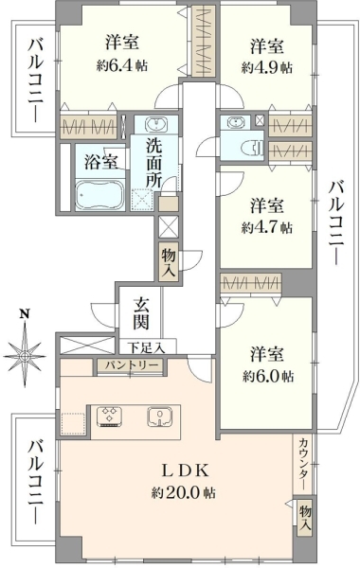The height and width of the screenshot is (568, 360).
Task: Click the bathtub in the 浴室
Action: (100, 195)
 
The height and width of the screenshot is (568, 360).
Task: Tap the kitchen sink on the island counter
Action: (160, 417)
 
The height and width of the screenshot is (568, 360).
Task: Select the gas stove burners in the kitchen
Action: (110, 417)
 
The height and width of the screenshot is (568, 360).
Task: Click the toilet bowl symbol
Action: (252, 149)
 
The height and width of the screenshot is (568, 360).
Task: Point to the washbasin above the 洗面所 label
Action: (156, 124)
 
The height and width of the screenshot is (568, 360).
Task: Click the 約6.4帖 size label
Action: (122, 66)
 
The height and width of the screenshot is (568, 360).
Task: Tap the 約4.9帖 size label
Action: (266, 67)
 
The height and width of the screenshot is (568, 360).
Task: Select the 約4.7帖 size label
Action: (266, 227)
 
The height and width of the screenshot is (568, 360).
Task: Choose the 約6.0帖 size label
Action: (267, 377)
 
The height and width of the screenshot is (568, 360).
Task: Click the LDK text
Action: (185, 470)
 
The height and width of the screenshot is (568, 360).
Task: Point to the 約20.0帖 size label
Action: (184, 492)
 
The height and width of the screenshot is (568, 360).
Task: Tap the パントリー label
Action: (132, 365)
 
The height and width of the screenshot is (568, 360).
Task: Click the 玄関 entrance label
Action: (140, 312)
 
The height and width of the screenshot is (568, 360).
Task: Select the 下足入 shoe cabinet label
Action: (148, 348)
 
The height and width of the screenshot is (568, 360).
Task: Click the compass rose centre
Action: (25, 357)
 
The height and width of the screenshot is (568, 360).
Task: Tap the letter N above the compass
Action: (25, 313)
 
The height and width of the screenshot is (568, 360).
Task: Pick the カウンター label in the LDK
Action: (304, 464)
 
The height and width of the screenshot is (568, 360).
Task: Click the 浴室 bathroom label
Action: (101, 163)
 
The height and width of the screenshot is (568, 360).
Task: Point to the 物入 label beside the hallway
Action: (169, 262)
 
